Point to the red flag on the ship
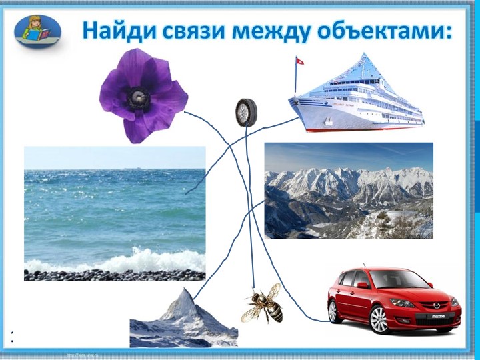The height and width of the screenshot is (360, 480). point(299,61)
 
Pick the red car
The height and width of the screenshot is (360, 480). point(393,299)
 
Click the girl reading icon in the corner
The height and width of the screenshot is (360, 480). point(38,31)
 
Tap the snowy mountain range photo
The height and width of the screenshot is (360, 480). point(349,191)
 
